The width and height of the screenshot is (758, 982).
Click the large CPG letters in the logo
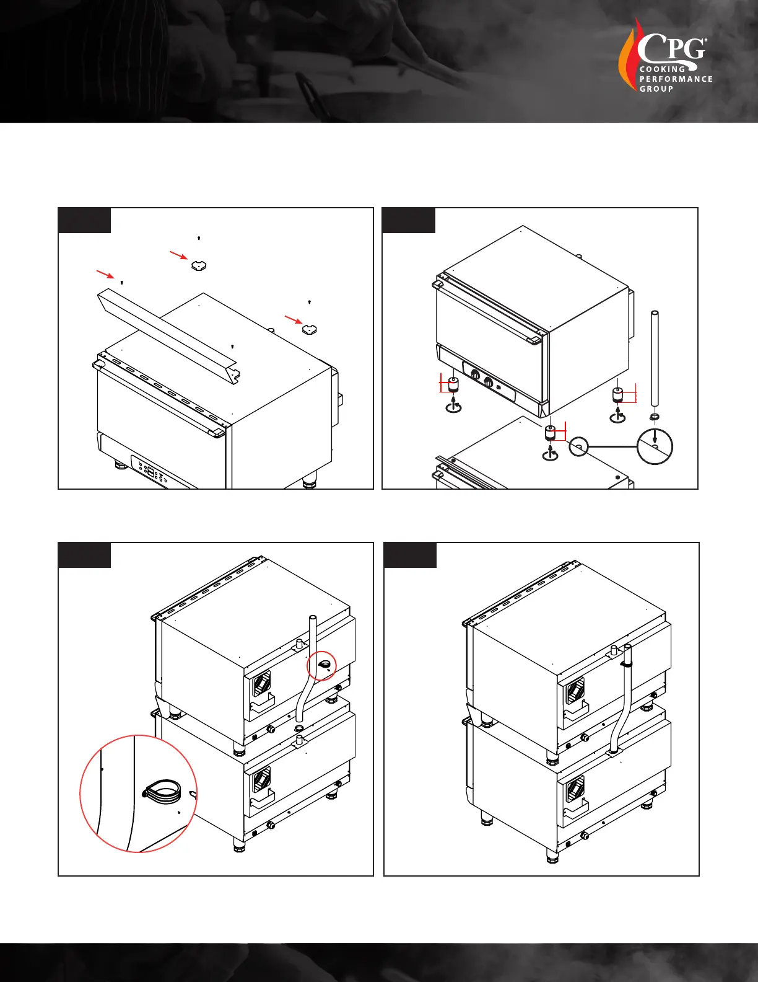click(x=672, y=50)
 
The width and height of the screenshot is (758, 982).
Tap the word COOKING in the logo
click(x=662, y=69)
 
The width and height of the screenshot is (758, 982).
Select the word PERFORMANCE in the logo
click(x=676, y=79)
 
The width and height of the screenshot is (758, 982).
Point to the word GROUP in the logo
click(x=656, y=89)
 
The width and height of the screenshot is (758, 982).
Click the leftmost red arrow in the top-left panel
click(x=105, y=274)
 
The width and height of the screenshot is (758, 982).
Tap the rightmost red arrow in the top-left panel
click(x=294, y=320)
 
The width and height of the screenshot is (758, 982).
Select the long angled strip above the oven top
click(x=168, y=336)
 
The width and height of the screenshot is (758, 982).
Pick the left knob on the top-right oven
click(x=475, y=374)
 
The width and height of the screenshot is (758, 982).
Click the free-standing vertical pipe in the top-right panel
click(x=654, y=358)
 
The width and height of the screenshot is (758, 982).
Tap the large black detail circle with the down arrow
click(x=655, y=446)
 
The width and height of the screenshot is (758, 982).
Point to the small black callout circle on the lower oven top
click(x=578, y=447)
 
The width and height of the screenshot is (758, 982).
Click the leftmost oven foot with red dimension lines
click(x=453, y=385)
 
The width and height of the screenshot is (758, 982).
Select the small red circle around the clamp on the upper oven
click(x=321, y=665)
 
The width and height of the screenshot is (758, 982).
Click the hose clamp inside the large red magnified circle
click(x=162, y=791)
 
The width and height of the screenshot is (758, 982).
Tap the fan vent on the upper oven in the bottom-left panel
click(x=261, y=683)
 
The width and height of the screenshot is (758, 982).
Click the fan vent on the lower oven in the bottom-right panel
click(x=575, y=789)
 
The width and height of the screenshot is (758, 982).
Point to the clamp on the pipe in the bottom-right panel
click(x=626, y=664)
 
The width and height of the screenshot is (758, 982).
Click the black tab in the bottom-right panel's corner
click(x=410, y=555)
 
